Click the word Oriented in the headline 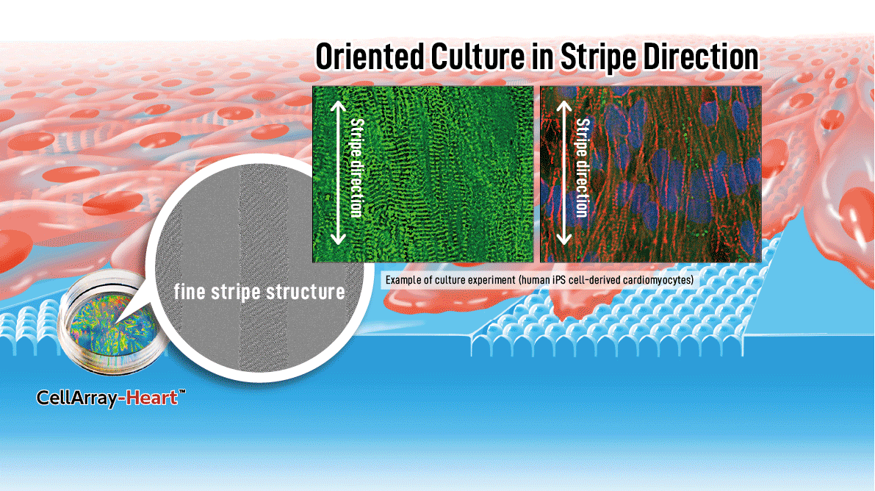[370, 57]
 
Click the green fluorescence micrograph [423, 173]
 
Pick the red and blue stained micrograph [651, 173]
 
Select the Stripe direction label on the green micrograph [356, 168]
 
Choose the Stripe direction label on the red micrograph [582, 168]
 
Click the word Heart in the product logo [152, 398]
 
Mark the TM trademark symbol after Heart [182, 392]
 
